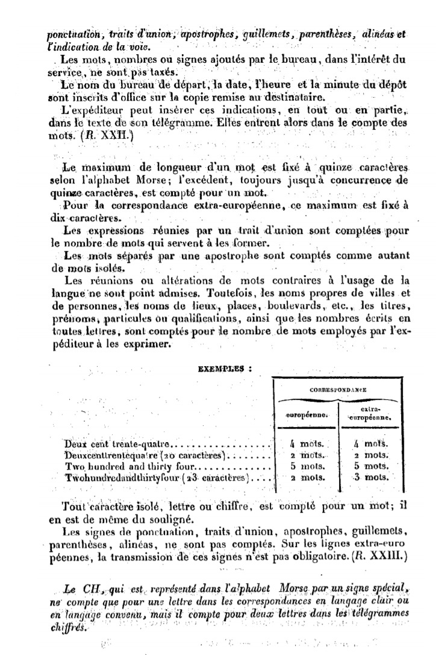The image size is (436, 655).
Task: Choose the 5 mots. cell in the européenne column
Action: tap(305, 466)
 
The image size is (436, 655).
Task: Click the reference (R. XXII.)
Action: tap(104, 136)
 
